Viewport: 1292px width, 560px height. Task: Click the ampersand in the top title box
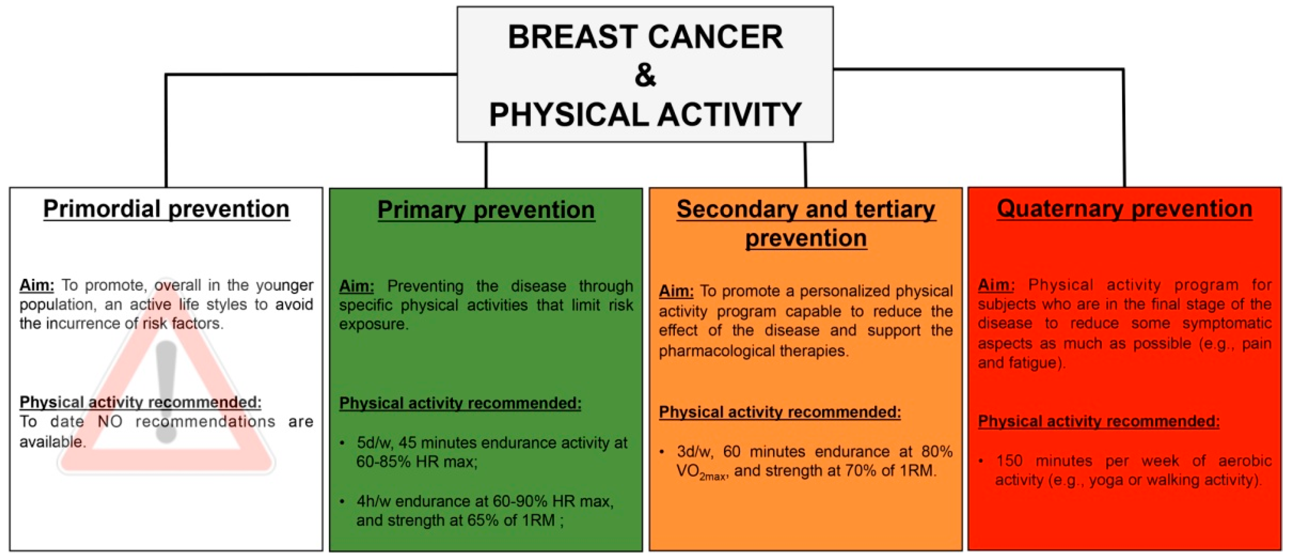[x=645, y=75]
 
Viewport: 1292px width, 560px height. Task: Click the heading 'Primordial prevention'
[x=166, y=209]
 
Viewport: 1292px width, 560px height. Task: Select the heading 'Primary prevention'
[x=486, y=210]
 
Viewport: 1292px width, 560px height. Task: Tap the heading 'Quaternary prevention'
[x=1125, y=209]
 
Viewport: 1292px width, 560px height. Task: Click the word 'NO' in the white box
[x=110, y=422]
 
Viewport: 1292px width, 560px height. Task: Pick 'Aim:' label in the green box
[x=356, y=286]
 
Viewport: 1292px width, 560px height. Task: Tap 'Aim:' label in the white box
[x=37, y=285]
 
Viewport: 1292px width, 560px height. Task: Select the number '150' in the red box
[x=1009, y=461]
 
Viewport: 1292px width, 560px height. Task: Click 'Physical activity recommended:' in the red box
[x=1099, y=421]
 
